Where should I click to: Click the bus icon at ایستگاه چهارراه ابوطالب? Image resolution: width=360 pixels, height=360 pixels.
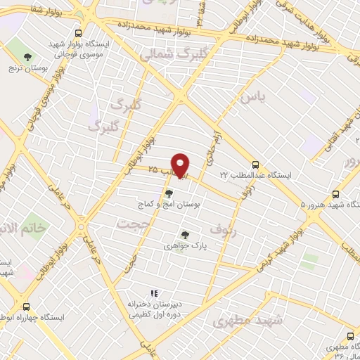27,307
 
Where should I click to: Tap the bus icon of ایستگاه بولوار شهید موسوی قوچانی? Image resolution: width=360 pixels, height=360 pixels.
77,33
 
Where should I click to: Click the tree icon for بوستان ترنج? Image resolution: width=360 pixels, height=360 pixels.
28,57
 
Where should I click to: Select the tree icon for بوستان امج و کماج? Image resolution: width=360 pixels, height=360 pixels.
168,193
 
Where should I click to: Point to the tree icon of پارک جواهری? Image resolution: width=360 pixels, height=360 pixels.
185,235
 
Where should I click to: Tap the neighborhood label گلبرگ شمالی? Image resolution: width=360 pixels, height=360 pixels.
165,53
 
